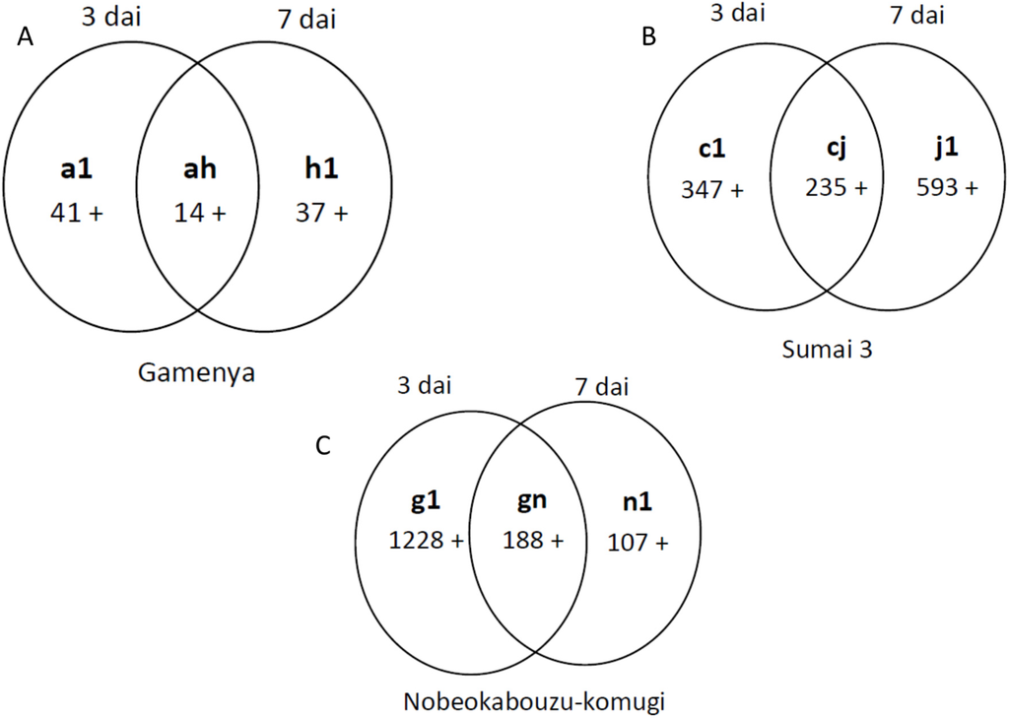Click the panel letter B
pyautogui.click(x=648, y=37)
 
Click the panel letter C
pyautogui.click(x=321, y=446)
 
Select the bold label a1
pyautogui.click(x=76, y=169)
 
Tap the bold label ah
pyautogui.click(x=199, y=169)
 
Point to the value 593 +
pyautogui.click(x=947, y=188)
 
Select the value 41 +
pyautogui.click(x=76, y=211)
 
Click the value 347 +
pyautogui.click(x=712, y=189)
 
